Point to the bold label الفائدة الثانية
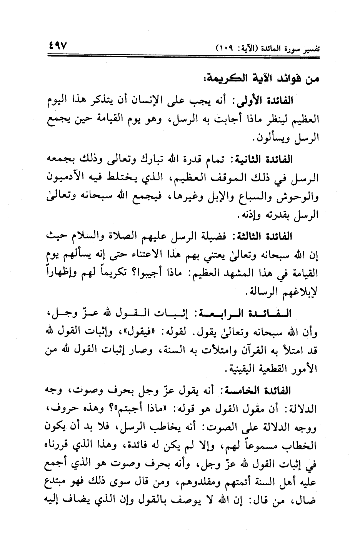point(268,159)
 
